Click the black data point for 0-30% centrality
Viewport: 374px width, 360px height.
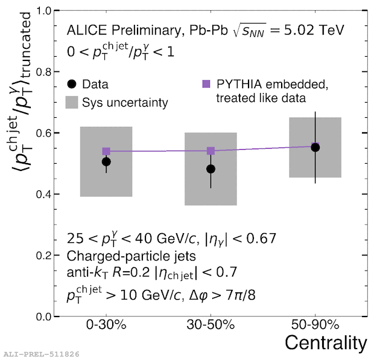click(x=106, y=161)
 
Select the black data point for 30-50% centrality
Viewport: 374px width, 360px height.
click(x=211, y=169)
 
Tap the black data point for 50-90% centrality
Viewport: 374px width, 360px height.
click(x=315, y=147)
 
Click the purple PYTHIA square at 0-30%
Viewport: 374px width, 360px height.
click(x=106, y=151)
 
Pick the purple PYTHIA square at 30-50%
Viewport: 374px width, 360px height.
click(x=211, y=151)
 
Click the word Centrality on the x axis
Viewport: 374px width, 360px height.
click(x=325, y=344)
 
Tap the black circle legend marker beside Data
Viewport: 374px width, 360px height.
click(x=72, y=85)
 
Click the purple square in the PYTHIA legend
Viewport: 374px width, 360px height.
click(x=207, y=84)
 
